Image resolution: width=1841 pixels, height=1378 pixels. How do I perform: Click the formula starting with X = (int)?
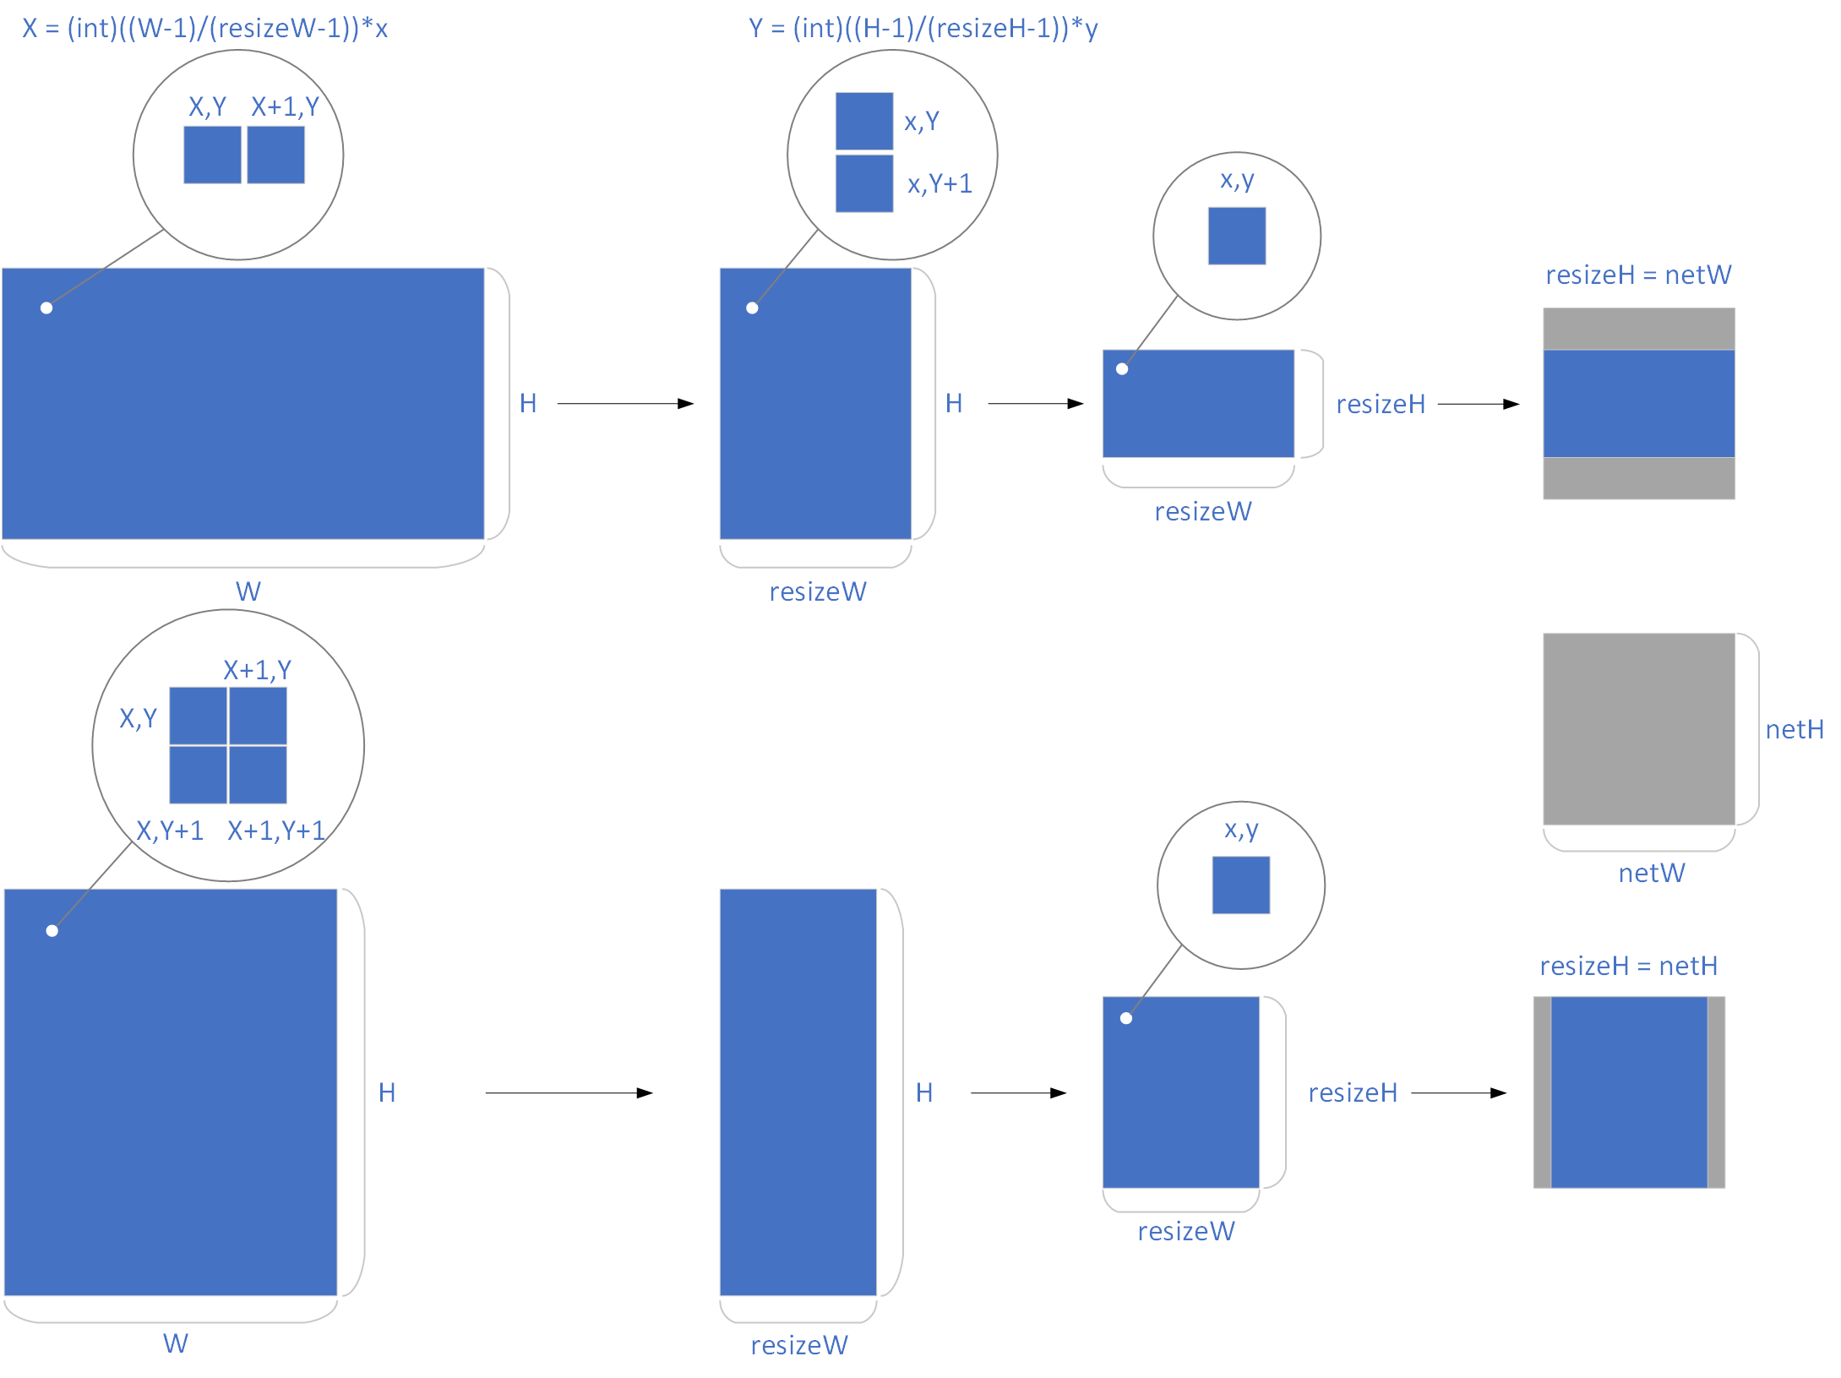tap(204, 29)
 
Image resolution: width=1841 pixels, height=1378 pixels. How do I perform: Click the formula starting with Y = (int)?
tap(923, 29)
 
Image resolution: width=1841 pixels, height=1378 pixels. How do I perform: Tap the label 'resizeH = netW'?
tap(1637, 275)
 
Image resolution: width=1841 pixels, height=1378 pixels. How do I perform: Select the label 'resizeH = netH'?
tap(1628, 966)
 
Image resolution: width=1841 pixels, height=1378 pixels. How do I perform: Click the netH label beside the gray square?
tap(1794, 729)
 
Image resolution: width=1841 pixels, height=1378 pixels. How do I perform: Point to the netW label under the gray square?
tap(1651, 873)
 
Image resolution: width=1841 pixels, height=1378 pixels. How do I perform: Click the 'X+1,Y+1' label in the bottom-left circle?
tap(276, 831)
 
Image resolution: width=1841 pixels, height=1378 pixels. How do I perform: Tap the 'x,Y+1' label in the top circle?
tap(940, 183)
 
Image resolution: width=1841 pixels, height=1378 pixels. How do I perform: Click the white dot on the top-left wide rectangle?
tap(46, 308)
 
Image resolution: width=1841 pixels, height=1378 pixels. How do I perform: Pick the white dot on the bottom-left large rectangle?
tap(52, 931)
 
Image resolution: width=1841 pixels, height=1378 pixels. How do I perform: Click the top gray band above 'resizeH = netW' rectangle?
tap(1638, 329)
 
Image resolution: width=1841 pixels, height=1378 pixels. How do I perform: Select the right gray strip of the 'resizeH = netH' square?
tap(1715, 1092)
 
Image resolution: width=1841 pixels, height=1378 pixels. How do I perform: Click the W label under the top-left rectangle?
tap(248, 591)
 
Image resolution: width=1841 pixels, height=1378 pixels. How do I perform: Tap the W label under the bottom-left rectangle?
tap(175, 1343)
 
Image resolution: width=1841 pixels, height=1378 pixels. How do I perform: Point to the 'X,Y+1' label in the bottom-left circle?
tap(170, 831)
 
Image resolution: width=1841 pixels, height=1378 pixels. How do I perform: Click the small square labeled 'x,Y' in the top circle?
tap(863, 122)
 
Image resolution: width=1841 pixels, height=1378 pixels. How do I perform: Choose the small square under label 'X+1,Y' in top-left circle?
tap(275, 155)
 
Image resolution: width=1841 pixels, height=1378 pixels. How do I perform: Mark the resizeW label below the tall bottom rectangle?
tap(798, 1345)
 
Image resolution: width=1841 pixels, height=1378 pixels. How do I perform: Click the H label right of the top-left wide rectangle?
tap(528, 404)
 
